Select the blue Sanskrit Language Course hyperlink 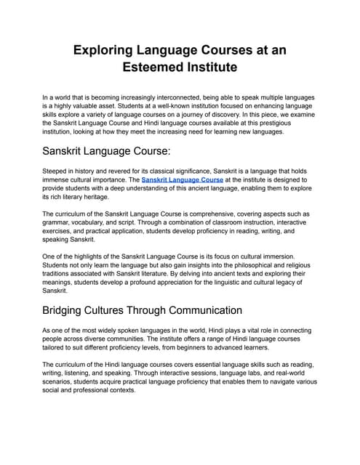(x=183, y=178)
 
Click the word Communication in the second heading (x=200, y=310)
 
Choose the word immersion (x=276, y=257)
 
